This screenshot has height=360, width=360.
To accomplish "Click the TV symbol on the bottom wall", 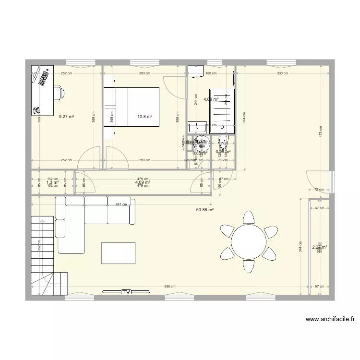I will click(126, 291).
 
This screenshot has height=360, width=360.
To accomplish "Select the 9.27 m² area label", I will click(66, 116).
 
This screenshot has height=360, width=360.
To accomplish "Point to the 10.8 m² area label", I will click(144, 116).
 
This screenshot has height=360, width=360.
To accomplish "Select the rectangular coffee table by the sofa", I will click(118, 253).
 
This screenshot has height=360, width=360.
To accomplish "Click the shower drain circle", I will click(222, 126).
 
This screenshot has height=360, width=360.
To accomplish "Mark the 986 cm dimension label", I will click(170, 286).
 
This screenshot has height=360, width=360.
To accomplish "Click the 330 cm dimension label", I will click(282, 73).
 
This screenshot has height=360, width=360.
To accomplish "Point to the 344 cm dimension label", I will click(300, 249).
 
